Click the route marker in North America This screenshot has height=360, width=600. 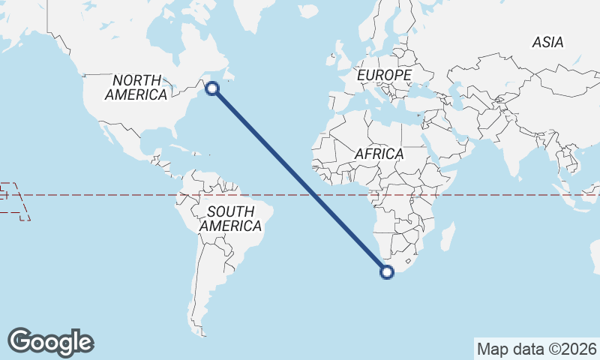coord(212,88)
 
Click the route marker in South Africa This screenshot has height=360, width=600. coord(387,272)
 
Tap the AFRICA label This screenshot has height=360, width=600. coord(379,154)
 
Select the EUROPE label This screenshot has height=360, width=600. coord(384,76)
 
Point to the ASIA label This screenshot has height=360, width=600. coord(547,43)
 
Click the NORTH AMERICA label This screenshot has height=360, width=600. coord(136,88)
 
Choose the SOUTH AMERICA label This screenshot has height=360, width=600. coord(231,218)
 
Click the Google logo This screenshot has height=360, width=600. coord(50,341)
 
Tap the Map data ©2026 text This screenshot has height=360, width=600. coord(537,349)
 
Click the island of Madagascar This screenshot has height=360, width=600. coord(447,238)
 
